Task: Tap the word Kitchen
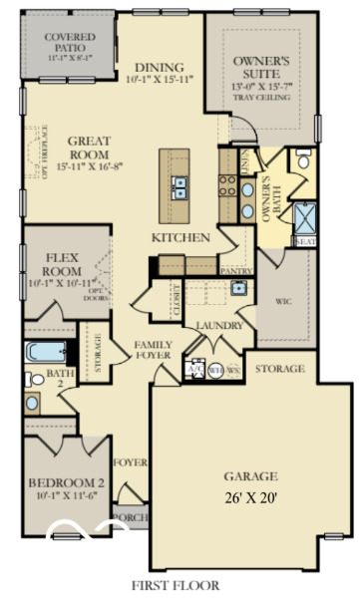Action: [x=180, y=237]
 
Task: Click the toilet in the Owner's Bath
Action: [x=303, y=160]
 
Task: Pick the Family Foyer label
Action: [x=155, y=350]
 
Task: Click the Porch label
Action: [x=132, y=518]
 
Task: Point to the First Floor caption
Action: [x=180, y=586]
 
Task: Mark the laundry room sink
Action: [x=239, y=288]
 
